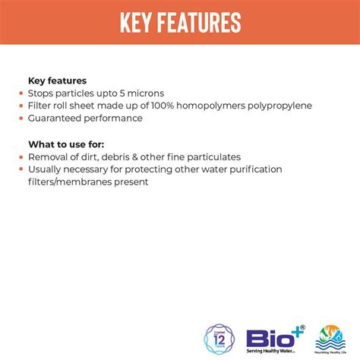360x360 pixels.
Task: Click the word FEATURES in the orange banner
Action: pos(200,23)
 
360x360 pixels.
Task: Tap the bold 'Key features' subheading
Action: pos(57,80)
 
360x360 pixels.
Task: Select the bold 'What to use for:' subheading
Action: pos(67,144)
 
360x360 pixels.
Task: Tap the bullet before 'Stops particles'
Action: pos(21,93)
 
